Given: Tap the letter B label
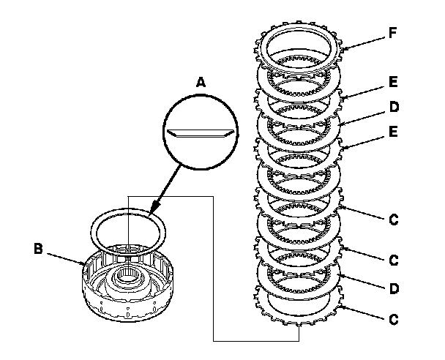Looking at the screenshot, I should [39, 249].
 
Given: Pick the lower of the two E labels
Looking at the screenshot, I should [393, 132].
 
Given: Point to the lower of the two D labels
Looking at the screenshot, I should [393, 290].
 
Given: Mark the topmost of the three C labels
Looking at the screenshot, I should [393, 219].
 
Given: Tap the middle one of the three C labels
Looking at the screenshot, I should [393, 260].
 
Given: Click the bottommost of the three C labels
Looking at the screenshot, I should [393, 319].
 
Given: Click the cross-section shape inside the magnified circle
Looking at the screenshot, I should [200, 135].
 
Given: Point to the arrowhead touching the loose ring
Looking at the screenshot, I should [152, 213].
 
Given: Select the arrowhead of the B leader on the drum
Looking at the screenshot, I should [86, 262].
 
